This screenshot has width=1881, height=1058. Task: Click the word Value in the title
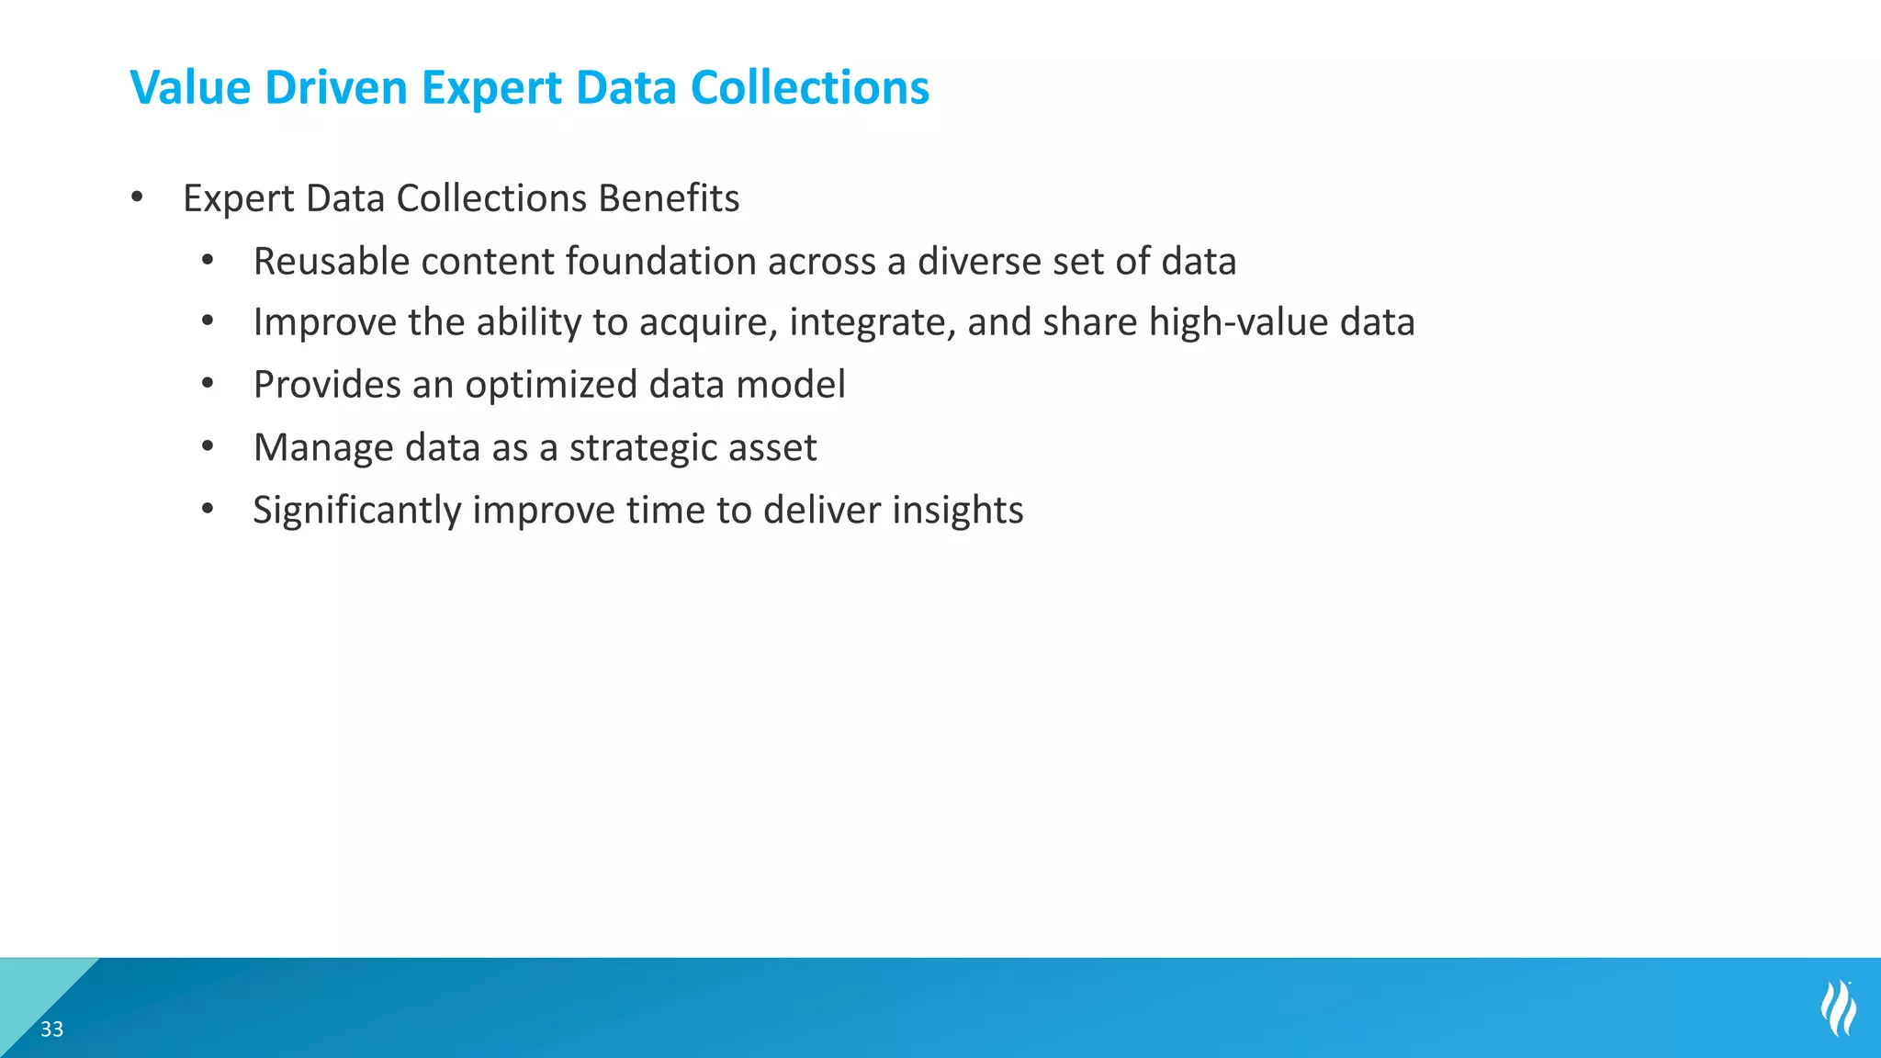coord(190,88)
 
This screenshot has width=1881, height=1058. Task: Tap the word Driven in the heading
coord(335,88)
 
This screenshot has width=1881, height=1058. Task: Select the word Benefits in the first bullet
coord(668,198)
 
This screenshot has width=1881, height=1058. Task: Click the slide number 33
coord(52,1030)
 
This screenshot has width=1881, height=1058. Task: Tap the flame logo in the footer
coord(1838,1007)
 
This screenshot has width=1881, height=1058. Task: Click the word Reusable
coord(332,262)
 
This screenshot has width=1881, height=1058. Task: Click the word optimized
coord(551,385)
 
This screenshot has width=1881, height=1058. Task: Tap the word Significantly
coord(356,511)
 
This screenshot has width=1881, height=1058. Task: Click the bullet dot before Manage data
coord(208,447)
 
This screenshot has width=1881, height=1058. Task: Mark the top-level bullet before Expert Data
coord(137,197)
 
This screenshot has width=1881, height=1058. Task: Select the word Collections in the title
coord(809,88)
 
